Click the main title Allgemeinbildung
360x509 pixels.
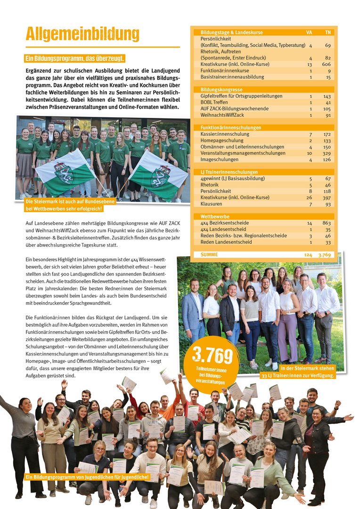tap(82, 34)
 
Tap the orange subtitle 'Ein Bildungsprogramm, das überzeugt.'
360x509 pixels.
tap(75, 58)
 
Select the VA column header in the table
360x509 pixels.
tap(309, 33)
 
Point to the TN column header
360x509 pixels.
tap(327, 33)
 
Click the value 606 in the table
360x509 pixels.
tap(326, 64)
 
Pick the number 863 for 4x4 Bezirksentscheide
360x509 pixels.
tap(326, 223)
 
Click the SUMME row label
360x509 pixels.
tap(209, 254)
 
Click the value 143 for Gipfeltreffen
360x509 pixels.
tap(327, 96)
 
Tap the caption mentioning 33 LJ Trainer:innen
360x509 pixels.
tap(298, 372)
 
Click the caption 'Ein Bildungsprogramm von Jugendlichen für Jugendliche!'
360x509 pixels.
tap(88, 477)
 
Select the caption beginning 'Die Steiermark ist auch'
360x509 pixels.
tap(64, 205)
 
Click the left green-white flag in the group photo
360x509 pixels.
tap(66, 172)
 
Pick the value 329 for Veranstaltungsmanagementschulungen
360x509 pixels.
tap(326, 153)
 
